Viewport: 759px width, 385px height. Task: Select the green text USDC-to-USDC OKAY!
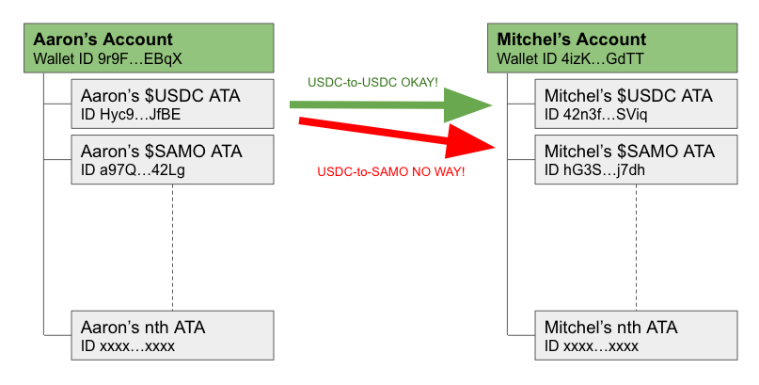(372, 83)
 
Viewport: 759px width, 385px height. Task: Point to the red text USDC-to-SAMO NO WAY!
(391, 171)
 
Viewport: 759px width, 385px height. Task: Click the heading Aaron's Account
(103, 40)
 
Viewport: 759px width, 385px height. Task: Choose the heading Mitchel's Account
(572, 40)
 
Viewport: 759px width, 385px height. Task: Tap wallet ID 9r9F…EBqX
(107, 59)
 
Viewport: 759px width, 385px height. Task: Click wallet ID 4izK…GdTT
(570, 59)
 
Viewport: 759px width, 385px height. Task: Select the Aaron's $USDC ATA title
(161, 96)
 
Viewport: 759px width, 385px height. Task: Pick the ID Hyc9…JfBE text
(131, 115)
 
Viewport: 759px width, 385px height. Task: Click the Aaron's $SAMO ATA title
(162, 152)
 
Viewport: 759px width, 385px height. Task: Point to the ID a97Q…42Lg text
(133, 170)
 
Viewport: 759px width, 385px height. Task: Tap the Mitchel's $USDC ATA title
(628, 96)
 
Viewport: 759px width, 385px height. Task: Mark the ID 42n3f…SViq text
(596, 115)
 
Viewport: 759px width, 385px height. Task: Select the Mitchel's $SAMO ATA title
(629, 152)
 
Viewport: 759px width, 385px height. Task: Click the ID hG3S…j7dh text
(595, 170)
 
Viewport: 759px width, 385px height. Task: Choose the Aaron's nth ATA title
(143, 328)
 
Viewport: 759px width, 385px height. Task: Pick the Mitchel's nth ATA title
(611, 328)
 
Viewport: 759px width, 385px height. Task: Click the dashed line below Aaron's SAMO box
(173, 248)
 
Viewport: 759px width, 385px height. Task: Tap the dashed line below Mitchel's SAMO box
(637, 248)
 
